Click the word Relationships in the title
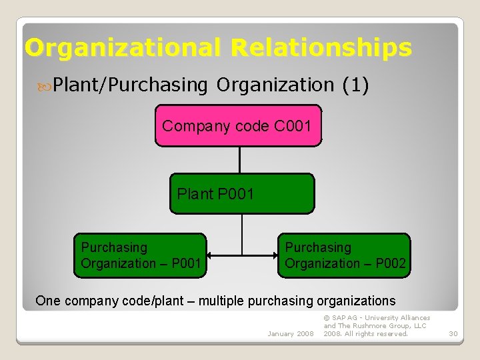321,47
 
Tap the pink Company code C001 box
238,125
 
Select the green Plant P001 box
241,194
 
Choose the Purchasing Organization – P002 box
343,255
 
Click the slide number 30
453,333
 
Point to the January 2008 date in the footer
290,333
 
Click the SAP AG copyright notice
377,326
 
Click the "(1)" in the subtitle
355,85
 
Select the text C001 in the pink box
293,125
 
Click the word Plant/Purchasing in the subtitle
131,85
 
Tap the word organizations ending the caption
357,301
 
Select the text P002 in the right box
390,263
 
